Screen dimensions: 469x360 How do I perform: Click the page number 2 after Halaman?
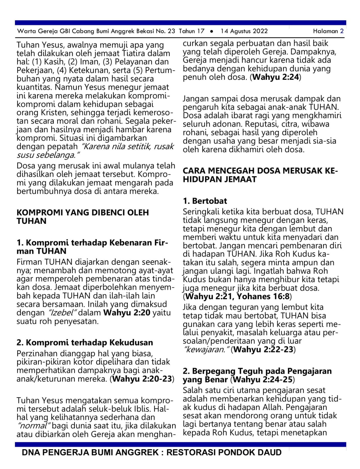342,31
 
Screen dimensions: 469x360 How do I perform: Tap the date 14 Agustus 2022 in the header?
244,31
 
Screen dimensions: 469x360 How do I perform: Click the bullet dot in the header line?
212,31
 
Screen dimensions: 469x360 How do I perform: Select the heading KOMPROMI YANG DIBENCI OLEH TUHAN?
83,217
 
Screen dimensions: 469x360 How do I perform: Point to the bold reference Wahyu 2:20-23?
142,379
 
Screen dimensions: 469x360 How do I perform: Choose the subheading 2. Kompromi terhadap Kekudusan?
85,342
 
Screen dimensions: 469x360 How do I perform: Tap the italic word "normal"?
33,426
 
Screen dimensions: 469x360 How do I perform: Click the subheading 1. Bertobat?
205,201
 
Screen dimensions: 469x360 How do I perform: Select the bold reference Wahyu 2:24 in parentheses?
276,77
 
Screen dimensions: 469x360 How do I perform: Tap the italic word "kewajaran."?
206,350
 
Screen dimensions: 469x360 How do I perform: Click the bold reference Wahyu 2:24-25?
263,380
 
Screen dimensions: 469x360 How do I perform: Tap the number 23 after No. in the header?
172,31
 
